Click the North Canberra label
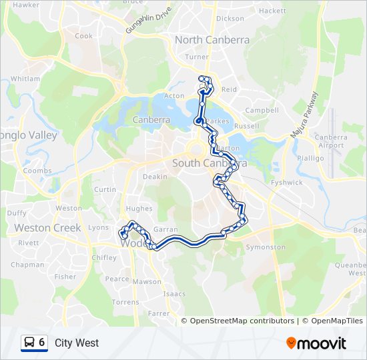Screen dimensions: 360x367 (212, 40)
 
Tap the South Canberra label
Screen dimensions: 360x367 (210, 163)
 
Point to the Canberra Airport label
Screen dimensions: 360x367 (332, 141)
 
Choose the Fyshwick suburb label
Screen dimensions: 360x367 (287, 182)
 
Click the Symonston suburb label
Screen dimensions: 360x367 (265, 247)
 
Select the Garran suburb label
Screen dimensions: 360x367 (165, 229)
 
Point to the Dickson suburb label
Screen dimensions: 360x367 (230, 19)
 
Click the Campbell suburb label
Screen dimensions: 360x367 (262, 110)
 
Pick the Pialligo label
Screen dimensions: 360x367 (310, 158)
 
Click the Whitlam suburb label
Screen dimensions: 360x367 (25, 79)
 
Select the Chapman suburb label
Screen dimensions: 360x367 (27, 265)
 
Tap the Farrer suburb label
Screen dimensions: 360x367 (159, 313)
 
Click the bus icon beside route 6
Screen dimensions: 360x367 (29, 343)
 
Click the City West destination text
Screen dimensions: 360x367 (77, 343)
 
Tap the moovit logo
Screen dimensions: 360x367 (316, 343)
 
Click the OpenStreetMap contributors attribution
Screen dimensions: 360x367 (242, 321)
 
